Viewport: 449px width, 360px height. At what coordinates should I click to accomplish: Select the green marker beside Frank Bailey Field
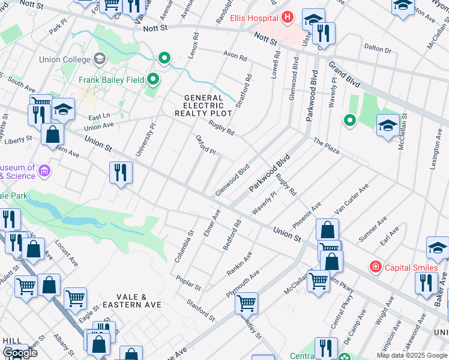click(154, 79)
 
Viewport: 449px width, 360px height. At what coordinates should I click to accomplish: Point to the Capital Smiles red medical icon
click(375, 266)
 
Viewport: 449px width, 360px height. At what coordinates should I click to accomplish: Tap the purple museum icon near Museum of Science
click(44, 172)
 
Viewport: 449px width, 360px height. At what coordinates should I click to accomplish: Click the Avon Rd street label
click(235, 57)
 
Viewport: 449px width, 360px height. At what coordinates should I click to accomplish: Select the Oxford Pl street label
click(206, 145)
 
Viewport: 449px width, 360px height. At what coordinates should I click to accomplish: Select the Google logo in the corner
click(20, 353)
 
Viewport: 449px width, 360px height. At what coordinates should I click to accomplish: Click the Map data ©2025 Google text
click(412, 355)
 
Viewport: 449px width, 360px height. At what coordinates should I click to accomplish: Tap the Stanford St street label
click(200, 310)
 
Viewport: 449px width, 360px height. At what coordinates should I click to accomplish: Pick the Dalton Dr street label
click(378, 49)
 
